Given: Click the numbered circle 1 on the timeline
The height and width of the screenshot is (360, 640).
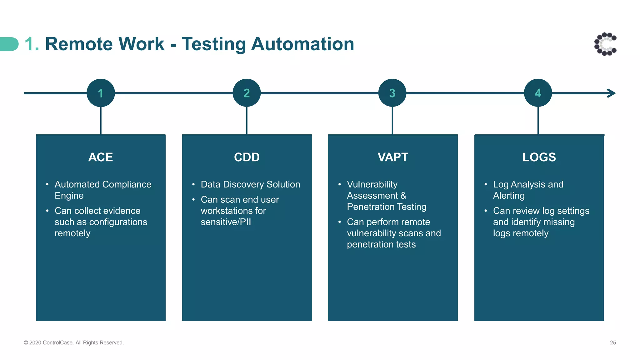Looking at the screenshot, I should (x=101, y=93).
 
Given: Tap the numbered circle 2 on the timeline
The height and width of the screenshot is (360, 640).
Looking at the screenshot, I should (x=247, y=93).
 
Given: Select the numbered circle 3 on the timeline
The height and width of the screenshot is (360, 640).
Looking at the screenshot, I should (x=392, y=93).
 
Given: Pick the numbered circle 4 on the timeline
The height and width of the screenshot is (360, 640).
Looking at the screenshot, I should (x=538, y=93).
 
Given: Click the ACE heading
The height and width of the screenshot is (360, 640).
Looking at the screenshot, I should (x=101, y=157).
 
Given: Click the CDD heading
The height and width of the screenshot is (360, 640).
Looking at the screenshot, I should (x=247, y=157).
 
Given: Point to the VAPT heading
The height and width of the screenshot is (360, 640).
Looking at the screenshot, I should (x=393, y=157).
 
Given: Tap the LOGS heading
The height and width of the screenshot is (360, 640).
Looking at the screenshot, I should (x=539, y=157).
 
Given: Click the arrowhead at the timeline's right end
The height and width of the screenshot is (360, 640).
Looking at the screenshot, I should (x=612, y=93).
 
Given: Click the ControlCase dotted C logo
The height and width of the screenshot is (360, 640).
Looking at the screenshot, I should (x=605, y=44).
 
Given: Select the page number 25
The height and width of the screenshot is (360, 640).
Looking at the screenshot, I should (x=613, y=342).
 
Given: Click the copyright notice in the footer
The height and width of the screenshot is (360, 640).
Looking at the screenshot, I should (x=74, y=342).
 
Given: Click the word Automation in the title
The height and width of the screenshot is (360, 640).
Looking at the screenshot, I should (x=302, y=44).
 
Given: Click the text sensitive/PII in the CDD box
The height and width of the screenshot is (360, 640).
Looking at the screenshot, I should (x=226, y=222).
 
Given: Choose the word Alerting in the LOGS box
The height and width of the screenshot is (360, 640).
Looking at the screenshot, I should (x=509, y=196).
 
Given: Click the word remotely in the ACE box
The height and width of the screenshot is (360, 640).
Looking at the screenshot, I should (x=72, y=233).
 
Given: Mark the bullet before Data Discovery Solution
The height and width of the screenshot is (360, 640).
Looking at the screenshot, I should (x=193, y=184).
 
